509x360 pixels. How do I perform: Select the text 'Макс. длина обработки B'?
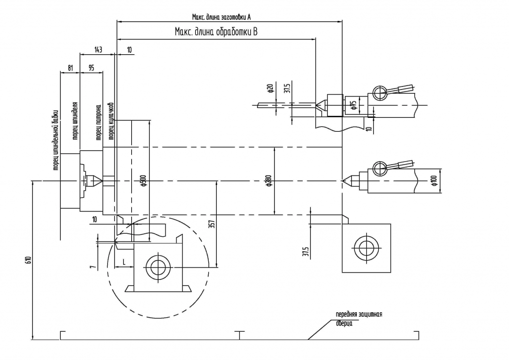pos(216,32)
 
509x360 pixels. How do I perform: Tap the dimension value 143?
pos(98,50)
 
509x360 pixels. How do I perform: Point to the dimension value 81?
pos(70,67)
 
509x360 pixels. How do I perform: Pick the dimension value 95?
pos(91,67)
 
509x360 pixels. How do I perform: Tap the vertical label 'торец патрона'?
pos(98,121)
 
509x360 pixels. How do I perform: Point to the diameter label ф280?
pos(268,181)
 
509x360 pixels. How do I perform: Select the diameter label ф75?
pos(352,104)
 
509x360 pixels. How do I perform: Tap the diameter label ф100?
pos(433,181)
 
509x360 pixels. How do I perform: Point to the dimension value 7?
pos(92,267)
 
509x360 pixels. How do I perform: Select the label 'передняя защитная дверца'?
pos(358,319)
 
